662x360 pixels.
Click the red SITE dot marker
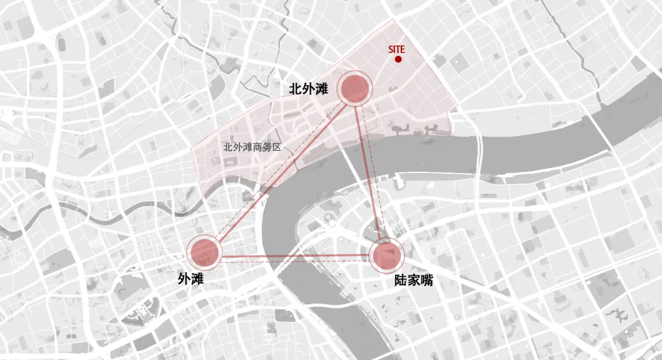[x=398, y=59]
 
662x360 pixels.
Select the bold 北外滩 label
[x=309, y=90]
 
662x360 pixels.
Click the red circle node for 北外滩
[x=356, y=90]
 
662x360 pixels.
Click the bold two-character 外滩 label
[x=191, y=278]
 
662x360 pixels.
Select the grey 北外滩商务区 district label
[x=251, y=148]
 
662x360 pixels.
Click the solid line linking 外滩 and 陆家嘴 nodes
[x=294, y=256]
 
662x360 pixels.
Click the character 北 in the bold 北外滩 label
[x=295, y=90]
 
